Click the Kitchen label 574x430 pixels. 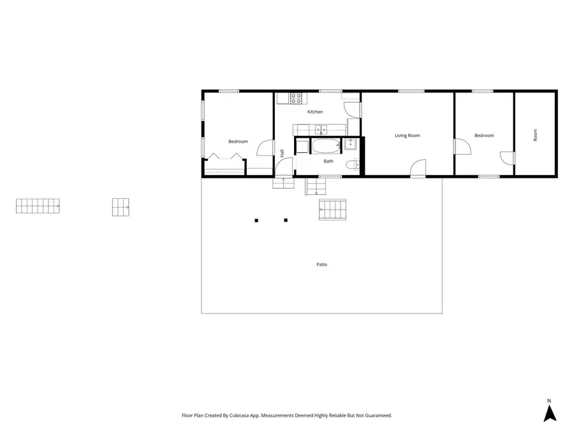click(x=315, y=112)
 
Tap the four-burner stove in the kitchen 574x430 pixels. click(x=297, y=98)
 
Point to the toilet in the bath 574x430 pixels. click(x=350, y=165)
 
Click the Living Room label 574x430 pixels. click(x=407, y=136)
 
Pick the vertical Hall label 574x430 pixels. click(x=282, y=154)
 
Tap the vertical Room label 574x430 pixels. click(x=536, y=135)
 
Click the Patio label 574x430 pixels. click(x=322, y=264)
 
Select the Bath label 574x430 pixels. click(x=328, y=161)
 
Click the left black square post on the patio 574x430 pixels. click(x=256, y=220)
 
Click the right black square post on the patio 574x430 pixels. click(x=286, y=220)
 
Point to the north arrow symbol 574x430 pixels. click(x=550, y=413)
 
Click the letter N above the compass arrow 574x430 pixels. click(x=549, y=401)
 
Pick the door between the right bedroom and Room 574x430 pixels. click(x=507, y=158)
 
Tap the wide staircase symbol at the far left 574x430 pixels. click(x=38, y=206)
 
